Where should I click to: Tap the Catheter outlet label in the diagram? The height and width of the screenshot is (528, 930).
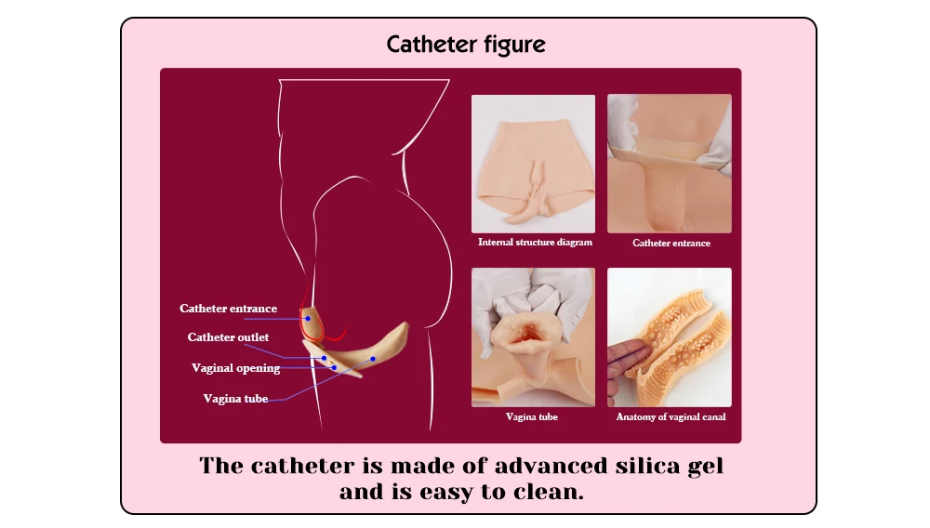pyautogui.click(x=228, y=337)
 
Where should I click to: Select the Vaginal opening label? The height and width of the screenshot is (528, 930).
pyautogui.click(x=235, y=368)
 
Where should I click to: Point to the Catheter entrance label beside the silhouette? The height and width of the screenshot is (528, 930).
pyautogui.click(x=228, y=309)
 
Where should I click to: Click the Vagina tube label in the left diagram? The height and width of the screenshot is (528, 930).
pyautogui.click(x=235, y=399)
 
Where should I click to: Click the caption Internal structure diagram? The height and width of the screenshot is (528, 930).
pyautogui.click(x=535, y=243)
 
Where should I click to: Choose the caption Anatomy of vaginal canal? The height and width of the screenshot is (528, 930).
pyautogui.click(x=671, y=417)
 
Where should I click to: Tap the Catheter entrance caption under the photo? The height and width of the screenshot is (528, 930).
pyautogui.click(x=671, y=244)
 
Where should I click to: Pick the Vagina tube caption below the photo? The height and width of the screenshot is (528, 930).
pyautogui.click(x=532, y=417)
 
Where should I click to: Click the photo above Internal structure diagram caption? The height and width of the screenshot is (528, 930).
pyautogui.click(x=533, y=164)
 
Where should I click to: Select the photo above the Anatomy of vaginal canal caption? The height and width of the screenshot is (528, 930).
pyautogui.click(x=670, y=337)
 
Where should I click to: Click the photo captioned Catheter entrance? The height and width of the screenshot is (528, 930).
pyautogui.click(x=670, y=164)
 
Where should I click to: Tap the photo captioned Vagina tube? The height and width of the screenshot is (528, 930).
pyautogui.click(x=533, y=337)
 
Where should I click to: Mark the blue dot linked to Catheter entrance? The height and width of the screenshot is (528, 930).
pyautogui.click(x=308, y=319)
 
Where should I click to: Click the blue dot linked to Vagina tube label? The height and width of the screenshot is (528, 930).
pyautogui.click(x=373, y=358)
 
